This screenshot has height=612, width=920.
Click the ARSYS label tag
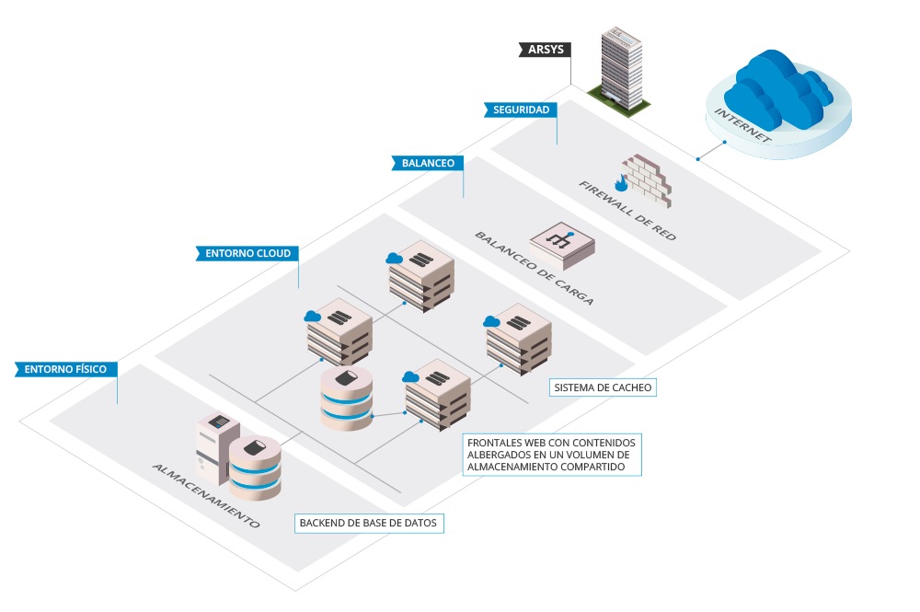[x=546, y=49]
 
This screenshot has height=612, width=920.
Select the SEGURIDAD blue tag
[x=521, y=110]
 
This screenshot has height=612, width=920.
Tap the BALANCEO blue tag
[x=428, y=163]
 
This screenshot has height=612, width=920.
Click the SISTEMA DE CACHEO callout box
[x=603, y=387]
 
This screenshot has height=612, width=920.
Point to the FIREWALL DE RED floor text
[x=627, y=211]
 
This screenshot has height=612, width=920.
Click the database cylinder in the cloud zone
[x=347, y=398]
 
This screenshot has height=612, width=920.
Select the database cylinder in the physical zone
[x=257, y=468]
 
